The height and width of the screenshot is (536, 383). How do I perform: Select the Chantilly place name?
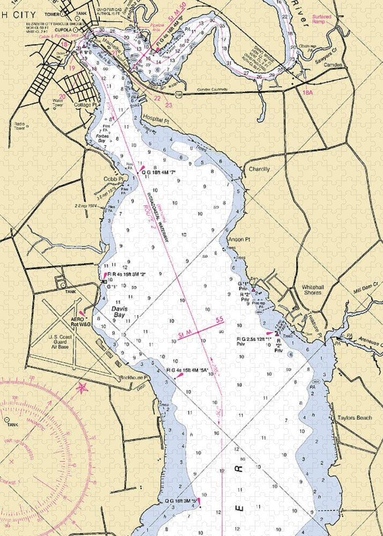click(x=259, y=169)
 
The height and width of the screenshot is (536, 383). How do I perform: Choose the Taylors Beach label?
click(x=355, y=418)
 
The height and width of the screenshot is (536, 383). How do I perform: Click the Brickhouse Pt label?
click(x=134, y=377)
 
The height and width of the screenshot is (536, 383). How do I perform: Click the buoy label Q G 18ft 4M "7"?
click(x=159, y=172)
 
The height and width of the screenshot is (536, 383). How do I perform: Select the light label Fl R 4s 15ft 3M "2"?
click(x=127, y=274)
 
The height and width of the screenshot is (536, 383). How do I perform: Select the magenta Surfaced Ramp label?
click(x=322, y=19)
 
